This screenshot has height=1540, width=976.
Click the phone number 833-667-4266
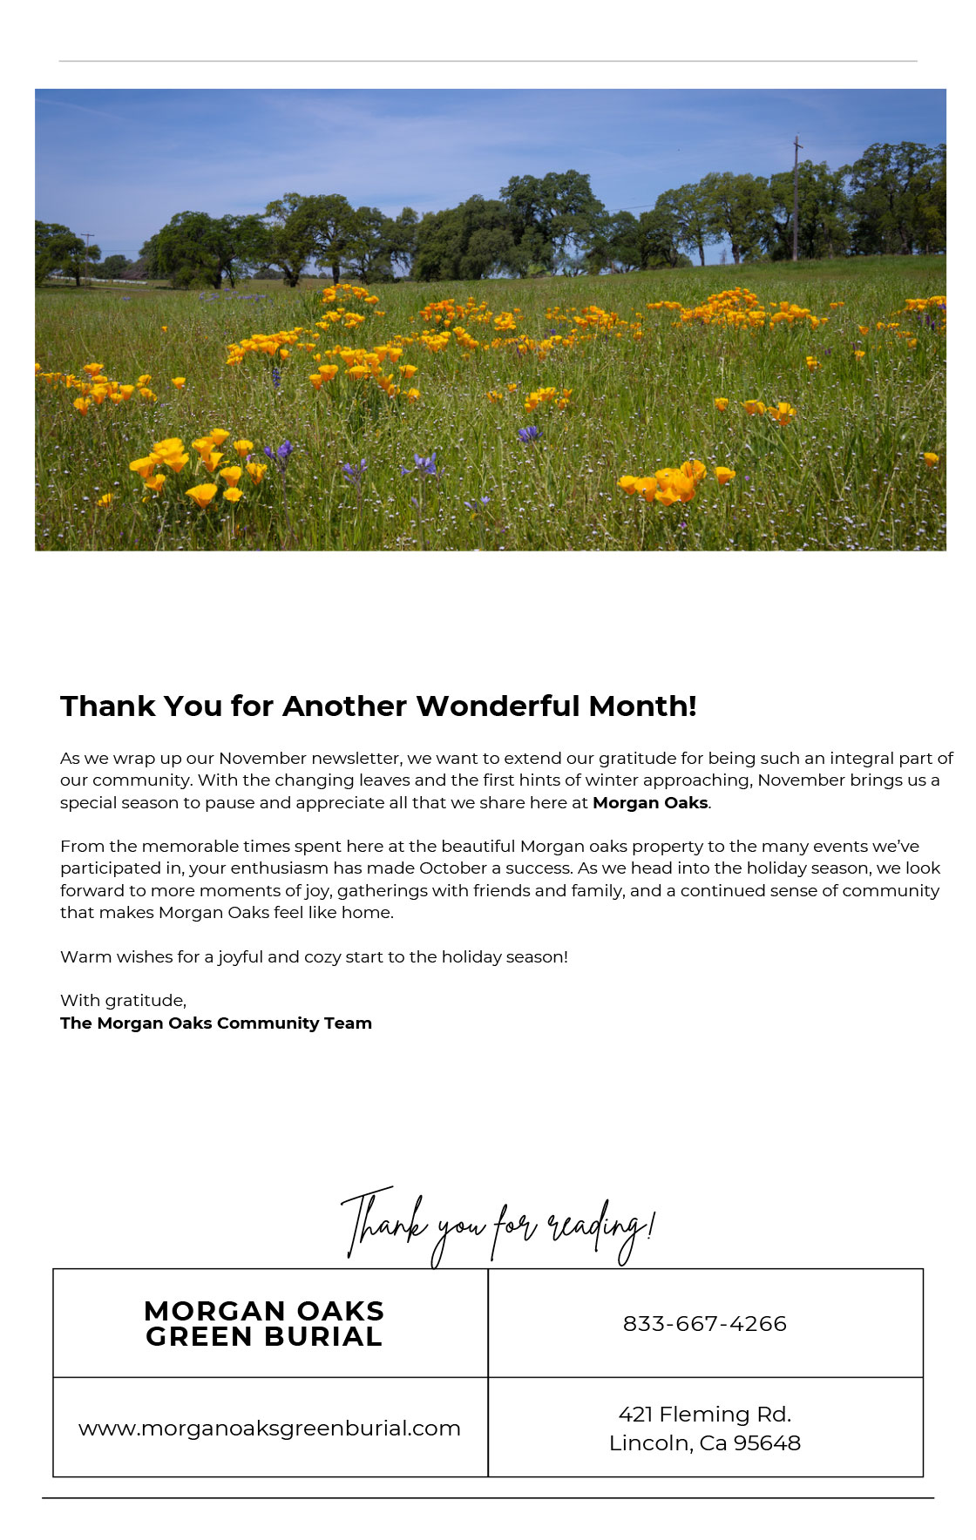click(x=704, y=1323)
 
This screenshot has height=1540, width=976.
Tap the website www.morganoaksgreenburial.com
click(x=269, y=1429)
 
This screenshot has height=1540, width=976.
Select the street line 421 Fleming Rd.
click(x=704, y=1414)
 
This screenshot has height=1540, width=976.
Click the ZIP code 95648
click(x=767, y=1443)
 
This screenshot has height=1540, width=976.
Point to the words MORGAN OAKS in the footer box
click(x=264, y=1311)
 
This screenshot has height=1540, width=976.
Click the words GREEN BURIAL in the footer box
click(x=264, y=1337)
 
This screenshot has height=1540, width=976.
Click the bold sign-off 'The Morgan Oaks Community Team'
click(x=216, y=1023)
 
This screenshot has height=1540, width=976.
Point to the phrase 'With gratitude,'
click(x=123, y=1000)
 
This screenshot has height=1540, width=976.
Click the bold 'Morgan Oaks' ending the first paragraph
click(x=650, y=803)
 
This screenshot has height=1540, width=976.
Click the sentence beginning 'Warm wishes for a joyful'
click(x=314, y=956)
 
